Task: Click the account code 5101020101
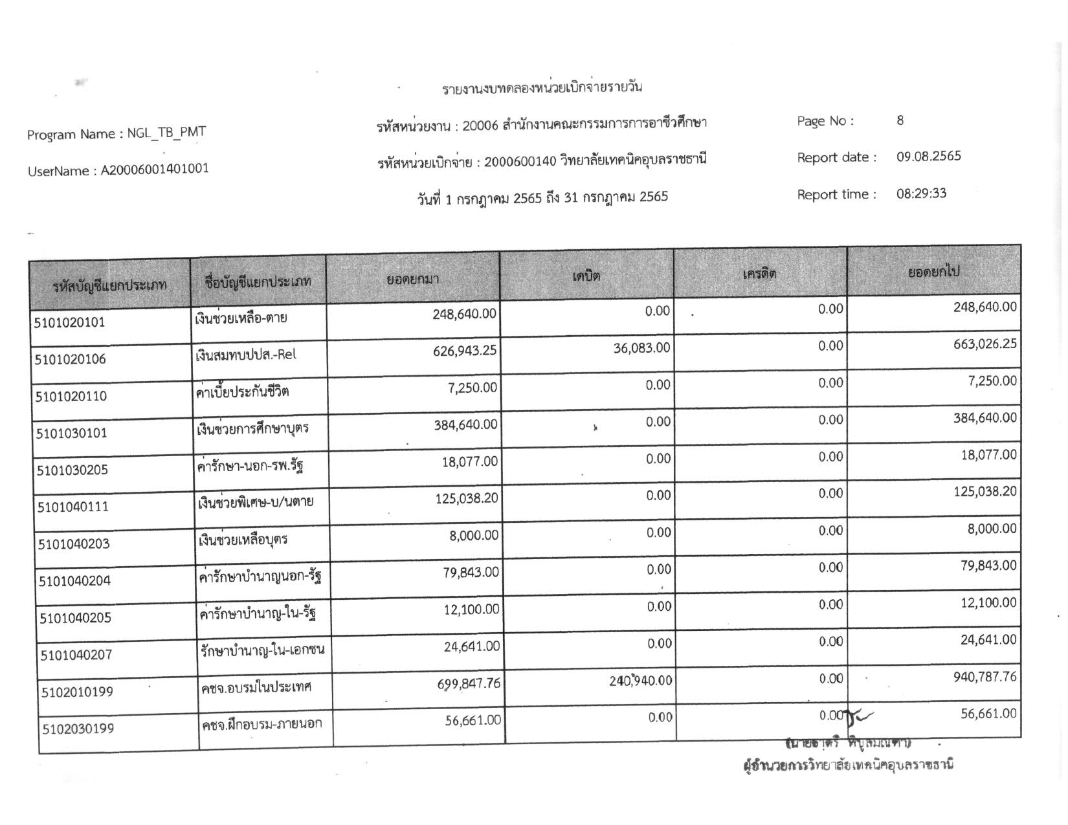[x=69, y=322]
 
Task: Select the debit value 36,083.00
[x=641, y=348]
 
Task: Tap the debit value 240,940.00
[x=640, y=681]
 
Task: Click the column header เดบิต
[x=586, y=276]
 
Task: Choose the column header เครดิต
[x=759, y=274]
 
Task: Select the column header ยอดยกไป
[x=933, y=272]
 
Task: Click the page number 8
[x=900, y=120]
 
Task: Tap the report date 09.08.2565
[x=928, y=157]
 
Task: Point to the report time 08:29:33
[x=921, y=193]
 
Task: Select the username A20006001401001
[x=154, y=170]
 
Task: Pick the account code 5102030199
[x=78, y=729]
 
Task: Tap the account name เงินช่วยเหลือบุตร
[x=243, y=540]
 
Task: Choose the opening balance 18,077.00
[x=469, y=462]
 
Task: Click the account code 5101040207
[x=76, y=655]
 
